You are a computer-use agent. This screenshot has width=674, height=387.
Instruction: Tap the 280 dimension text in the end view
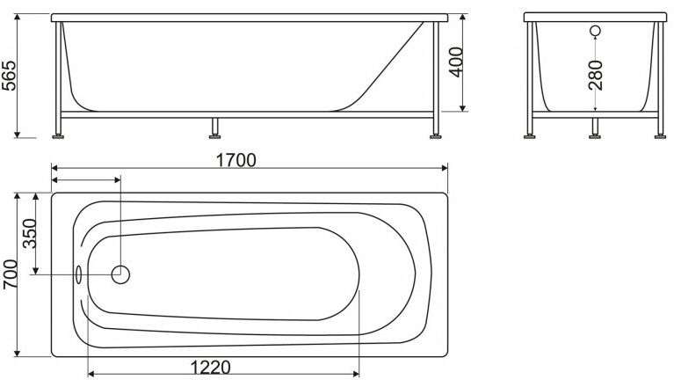coord(597,76)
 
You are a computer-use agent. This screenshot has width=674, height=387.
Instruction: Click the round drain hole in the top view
coord(121,274)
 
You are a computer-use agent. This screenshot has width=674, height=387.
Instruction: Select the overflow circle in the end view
coord(595,33)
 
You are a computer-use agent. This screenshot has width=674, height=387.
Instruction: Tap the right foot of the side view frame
coord(435,135)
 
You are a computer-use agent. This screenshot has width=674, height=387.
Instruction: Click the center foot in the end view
coord(594,135)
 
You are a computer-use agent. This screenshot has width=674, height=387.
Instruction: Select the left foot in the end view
coord(531,135)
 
